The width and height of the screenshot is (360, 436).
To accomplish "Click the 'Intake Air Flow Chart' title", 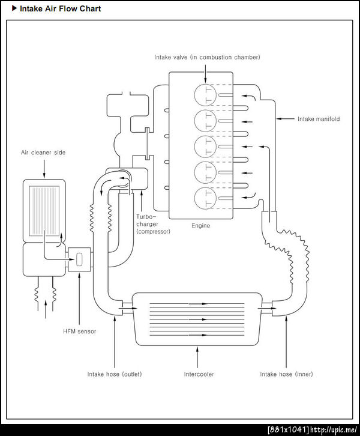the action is tap(60, 8).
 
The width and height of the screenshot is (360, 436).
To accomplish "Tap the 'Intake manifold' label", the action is tap(319, 119).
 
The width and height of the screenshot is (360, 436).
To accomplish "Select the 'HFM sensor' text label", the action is tap(79, 331).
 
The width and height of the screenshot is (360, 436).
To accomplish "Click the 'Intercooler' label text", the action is tap(199, 374).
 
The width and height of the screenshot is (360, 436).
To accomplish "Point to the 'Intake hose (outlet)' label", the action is tap(115, 374).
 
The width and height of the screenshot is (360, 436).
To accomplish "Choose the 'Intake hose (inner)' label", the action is tap(286, 374).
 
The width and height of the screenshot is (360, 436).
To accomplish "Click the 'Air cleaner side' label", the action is tap(43, 153).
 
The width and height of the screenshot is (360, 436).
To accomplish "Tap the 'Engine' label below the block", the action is tap(200, 226).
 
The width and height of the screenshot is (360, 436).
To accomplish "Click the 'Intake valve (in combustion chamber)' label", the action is tap(207, 57).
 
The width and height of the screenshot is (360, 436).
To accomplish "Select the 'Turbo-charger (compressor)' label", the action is tap(153, 224).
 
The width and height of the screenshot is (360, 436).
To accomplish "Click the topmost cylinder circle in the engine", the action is tap(205, 95).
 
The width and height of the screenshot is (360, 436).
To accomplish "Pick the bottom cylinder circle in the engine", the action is tap(205, 198).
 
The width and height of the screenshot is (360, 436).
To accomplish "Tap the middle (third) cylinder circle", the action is tap(205, 147).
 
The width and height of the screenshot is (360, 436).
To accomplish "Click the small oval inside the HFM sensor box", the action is tap(79, 259).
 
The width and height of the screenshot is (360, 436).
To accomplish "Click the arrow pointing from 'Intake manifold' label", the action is tap(285, 119).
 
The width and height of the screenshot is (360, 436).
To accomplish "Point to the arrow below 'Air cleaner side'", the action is tap(44, 169).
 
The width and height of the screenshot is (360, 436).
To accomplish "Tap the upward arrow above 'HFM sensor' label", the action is tap(79, 298).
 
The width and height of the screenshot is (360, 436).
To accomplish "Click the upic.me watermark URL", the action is tap(334, 429).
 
